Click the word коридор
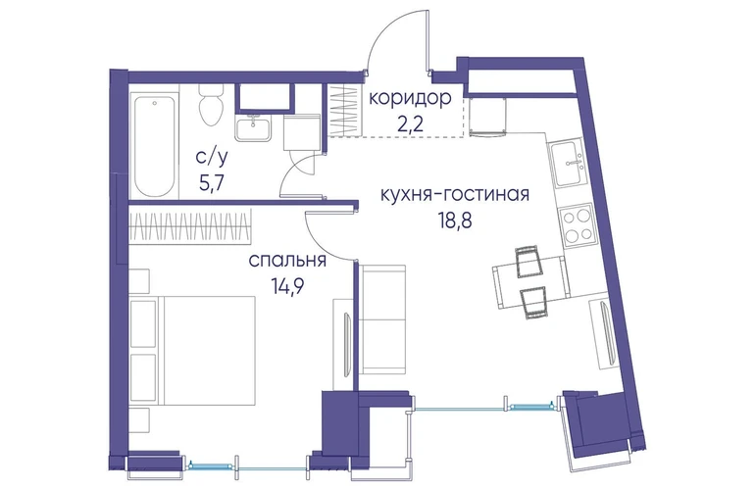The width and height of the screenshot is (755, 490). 410,99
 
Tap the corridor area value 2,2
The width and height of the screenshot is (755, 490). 410,123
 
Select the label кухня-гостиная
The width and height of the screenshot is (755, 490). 455,194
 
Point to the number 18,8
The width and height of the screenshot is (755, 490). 455,220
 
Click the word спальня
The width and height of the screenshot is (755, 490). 287,261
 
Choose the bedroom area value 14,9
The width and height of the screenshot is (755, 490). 287,286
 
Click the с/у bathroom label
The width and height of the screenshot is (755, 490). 211,157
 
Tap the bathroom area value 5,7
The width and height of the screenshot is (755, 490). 211,182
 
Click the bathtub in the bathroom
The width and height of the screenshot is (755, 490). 154,146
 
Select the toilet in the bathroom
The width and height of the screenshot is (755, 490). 212,105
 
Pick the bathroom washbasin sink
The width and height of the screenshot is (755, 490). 253,127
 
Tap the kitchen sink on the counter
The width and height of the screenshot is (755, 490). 569,164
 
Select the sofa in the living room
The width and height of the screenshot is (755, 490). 383,319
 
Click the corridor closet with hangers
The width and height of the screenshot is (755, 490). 344,111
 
